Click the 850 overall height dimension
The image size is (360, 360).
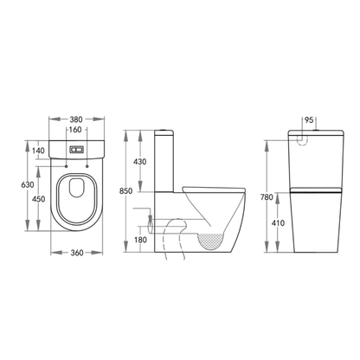tap(126, 190)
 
